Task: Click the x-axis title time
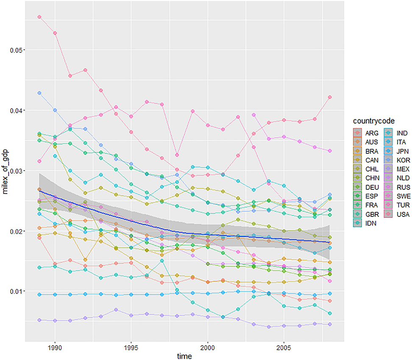coord(184,356)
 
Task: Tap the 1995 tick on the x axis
coord(131,346)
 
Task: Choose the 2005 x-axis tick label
coord(284,346)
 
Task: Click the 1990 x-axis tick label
coord(55,346)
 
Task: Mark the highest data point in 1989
coord(39,17)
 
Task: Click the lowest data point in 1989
coord(39,320)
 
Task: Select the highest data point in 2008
coord(330,97)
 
